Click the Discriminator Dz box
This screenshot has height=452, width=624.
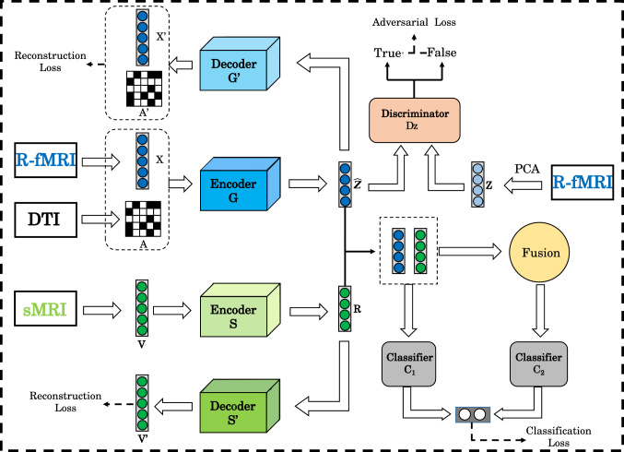click(414, 120)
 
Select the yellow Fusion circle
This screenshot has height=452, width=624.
click(539, 253)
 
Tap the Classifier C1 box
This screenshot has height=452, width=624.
click(408, 363)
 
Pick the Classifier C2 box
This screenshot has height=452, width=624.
click(538, 363)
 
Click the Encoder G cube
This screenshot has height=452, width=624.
click(240, 184)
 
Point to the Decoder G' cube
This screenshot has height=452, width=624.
click(240, 64)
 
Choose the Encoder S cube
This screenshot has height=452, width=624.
click(240, 310)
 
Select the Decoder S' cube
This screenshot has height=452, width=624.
click(240, 406)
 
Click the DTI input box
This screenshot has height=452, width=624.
click(46, 220)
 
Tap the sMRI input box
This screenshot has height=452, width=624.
click(46, 308)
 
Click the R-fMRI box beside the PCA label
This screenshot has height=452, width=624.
click(583, 183)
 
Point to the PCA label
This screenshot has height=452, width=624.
click(527, 169)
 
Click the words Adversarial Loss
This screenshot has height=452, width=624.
click(414, 22)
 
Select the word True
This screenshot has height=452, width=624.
click(388, 53)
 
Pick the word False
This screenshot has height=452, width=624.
click(442, 53)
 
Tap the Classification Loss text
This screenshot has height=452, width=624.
click(559, 436)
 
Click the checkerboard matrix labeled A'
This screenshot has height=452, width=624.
click(144, 89)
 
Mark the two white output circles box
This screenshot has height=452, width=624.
click(473, 414)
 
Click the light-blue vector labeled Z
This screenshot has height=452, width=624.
click(477, 184)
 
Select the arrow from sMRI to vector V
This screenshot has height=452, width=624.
click(101, 310)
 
